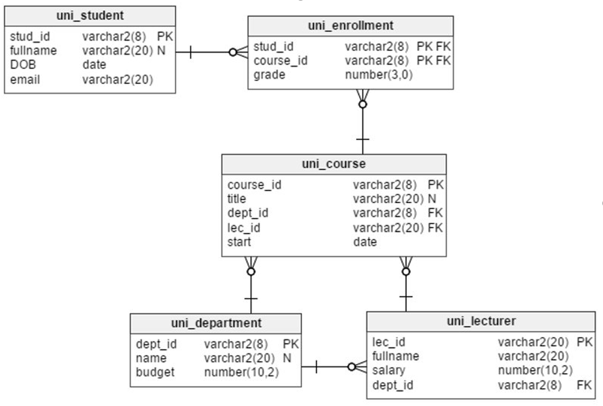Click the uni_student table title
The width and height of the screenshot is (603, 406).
click(90, 15)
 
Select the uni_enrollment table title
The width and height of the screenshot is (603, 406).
click(351, 25)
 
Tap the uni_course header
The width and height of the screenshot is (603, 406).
click(334, 164)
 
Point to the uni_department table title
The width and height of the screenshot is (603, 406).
click(216, 323)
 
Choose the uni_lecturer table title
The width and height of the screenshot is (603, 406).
click(481, 321)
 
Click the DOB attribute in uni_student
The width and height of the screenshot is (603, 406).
click(23, 65)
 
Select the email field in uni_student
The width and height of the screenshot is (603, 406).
click(25, 79)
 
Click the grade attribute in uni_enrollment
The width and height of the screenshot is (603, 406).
click(269, 74)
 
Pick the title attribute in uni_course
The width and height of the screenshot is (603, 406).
click(237, 199)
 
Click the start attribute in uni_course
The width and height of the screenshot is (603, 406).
click(239, 242)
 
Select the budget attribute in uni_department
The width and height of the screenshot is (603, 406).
click(155, 372)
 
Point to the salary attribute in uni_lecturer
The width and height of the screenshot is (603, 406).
click(389, 370)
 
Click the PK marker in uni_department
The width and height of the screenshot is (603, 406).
click(290, 344)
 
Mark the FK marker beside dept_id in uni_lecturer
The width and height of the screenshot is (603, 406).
click(584, 385)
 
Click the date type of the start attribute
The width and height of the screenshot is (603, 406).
click(365, 242)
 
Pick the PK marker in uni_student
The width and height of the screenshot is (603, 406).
click(165, 37)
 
